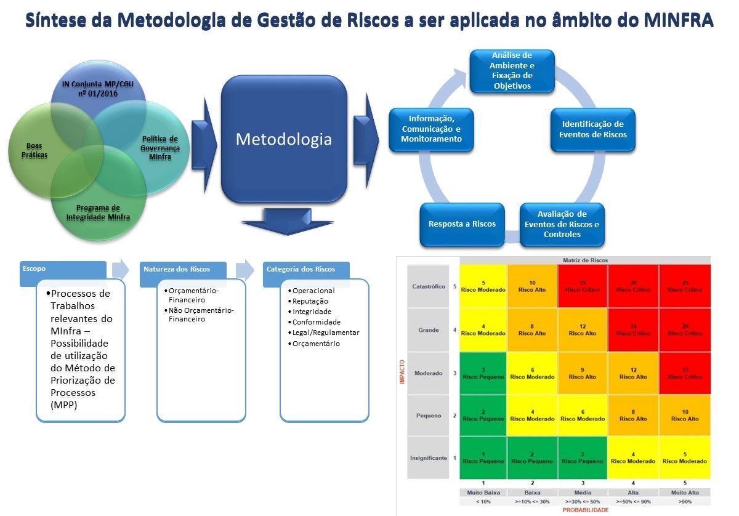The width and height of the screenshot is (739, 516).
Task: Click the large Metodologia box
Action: point(284,139)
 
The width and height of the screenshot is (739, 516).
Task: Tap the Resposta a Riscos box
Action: point(462,224)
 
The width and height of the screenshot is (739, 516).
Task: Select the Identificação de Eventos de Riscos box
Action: point(592,129)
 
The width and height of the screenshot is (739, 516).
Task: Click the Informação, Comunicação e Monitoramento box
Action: point(431,129)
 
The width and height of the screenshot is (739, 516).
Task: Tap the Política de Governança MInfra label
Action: point(160,148)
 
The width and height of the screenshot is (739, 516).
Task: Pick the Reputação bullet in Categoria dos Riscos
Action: point(310,301)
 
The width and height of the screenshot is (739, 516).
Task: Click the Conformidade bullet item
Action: point(316,322)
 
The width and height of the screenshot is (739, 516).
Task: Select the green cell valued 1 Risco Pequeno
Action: point(483,457)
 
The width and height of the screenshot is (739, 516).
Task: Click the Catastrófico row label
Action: point(428,286)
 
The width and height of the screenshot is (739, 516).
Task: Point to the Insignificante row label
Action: point(428,458)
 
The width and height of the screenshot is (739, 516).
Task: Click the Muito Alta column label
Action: point(685,493)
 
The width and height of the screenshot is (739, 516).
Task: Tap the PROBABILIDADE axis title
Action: point(584,510)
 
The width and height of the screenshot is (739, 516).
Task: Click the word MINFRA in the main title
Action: point(677,20)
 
